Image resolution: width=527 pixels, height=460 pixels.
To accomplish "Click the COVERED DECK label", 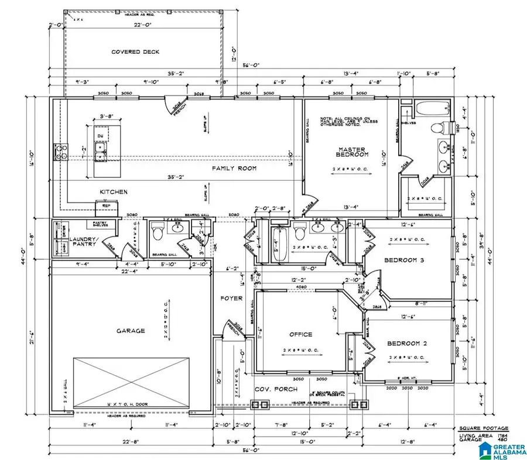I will (135, 52).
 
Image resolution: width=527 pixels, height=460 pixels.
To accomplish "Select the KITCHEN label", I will (114, 192).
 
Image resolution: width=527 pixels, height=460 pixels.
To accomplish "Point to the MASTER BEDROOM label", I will (351, 152).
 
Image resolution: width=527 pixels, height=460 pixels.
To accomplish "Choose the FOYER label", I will (231, 298).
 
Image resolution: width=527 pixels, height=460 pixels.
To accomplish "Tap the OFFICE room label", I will (300, 335).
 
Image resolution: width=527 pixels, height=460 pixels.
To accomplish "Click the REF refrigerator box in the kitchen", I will (105, 205).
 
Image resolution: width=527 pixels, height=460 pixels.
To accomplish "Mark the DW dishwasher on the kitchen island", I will (100, 136).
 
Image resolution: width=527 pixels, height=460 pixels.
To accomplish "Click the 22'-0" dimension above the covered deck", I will (135, 26).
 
